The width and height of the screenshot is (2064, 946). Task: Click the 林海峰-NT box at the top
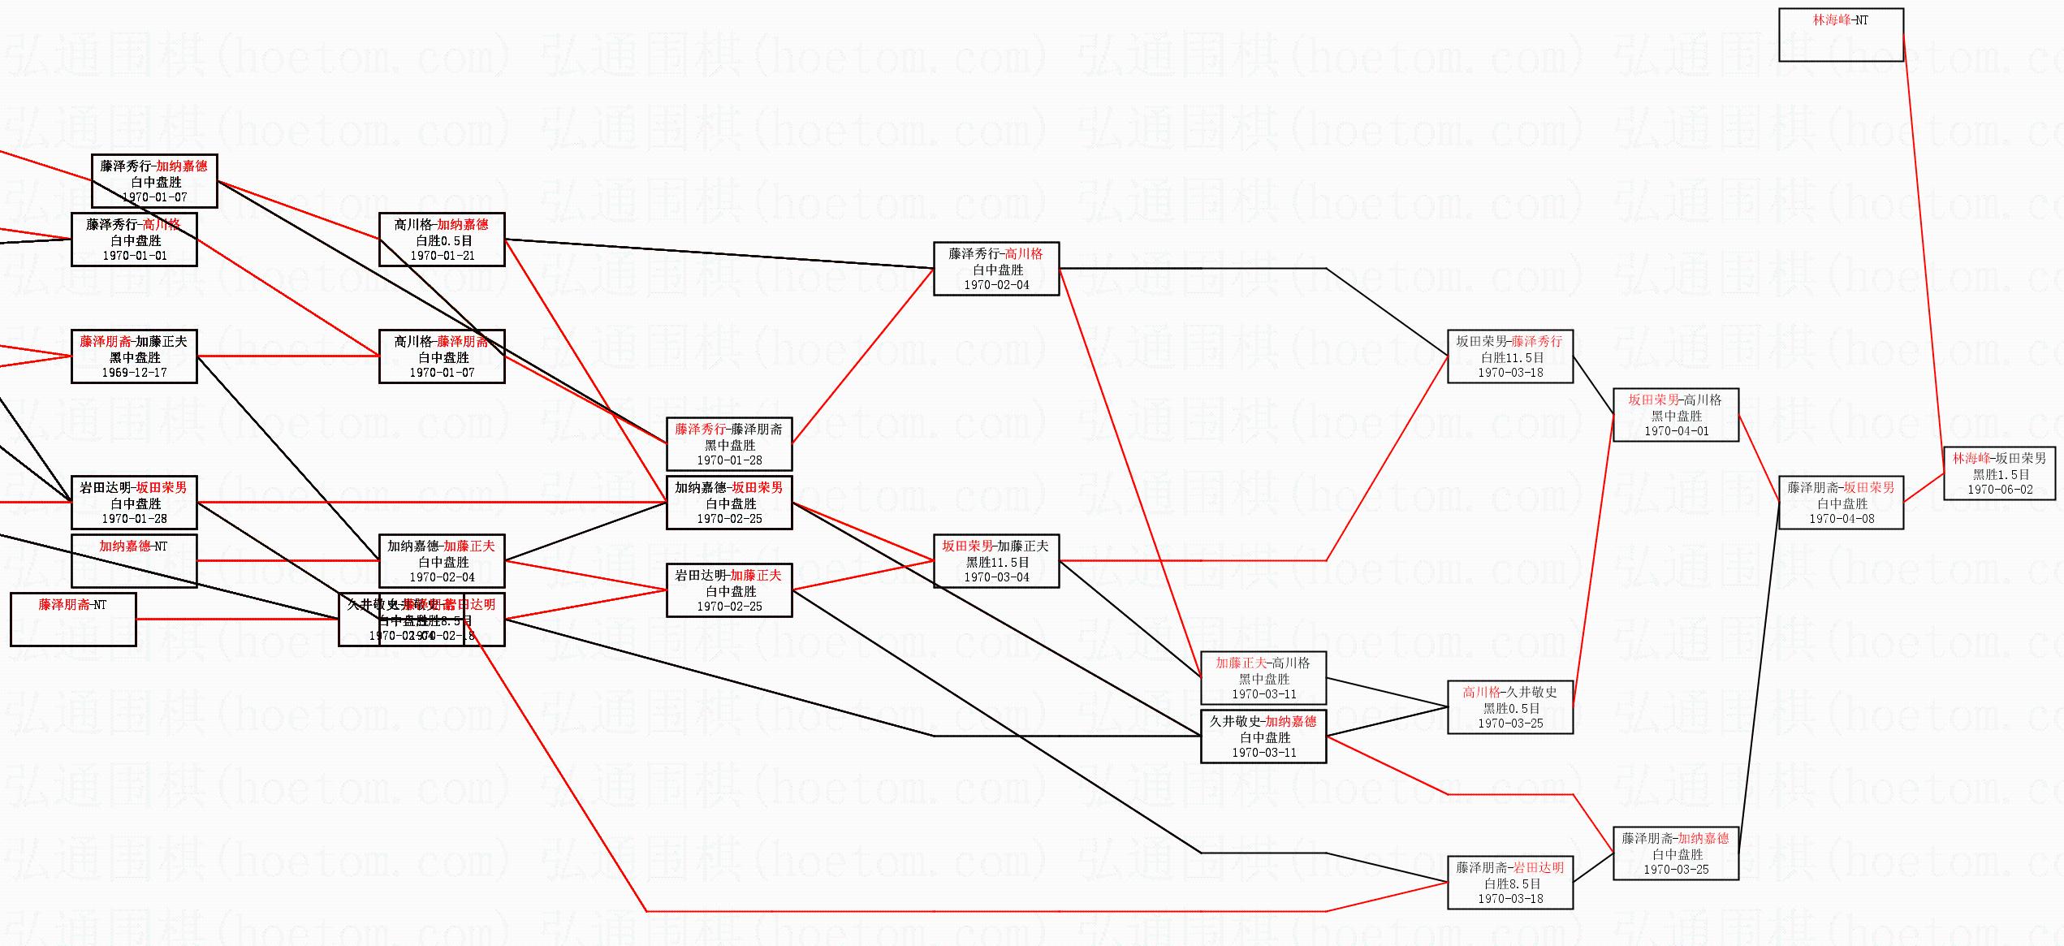[x=1841, y=35]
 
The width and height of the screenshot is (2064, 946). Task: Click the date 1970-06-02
[x=2000, y=490]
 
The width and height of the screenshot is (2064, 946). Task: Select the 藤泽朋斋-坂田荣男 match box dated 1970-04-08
[x=1841, y=503]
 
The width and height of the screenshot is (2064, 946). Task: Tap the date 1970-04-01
[x=1676, y=431]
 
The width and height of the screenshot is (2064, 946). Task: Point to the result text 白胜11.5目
[x=1510, y=357]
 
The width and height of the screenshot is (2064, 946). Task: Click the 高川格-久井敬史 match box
[x=1509, y=707]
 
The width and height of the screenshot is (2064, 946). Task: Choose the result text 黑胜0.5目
[x=1510, y=708]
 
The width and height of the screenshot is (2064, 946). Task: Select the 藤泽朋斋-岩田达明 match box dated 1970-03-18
[x=1509, y=883]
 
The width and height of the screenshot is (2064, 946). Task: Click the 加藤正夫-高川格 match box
[x=1263, y=678]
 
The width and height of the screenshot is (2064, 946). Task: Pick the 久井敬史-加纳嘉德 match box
[x=1263, y=736]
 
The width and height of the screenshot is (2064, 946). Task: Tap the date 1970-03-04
[x=996, y=577]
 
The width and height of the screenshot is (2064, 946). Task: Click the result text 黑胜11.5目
[x=996, y=562]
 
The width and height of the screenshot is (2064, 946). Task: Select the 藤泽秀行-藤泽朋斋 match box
[x=729, y=444]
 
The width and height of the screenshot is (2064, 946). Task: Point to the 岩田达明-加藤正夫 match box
[x=729, y=590]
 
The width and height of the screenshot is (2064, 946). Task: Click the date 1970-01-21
[x=443, y=256]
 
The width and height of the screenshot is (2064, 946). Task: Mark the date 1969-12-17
[x=134, y=373]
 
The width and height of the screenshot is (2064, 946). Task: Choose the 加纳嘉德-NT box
[x=134, y=560]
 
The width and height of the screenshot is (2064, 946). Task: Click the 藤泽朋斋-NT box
[x=73, y=620]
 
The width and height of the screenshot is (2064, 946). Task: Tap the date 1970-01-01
[x=134, y=256]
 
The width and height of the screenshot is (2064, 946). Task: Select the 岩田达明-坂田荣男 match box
[x=134, y=503]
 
